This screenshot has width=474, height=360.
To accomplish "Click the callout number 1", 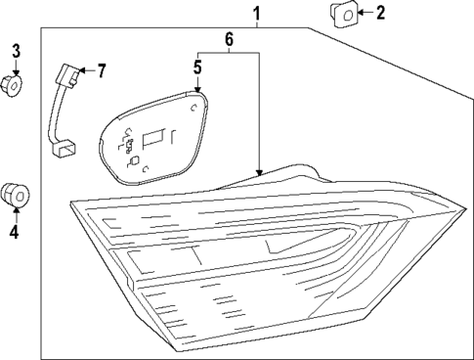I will pyautogui.click(x=256, y=14).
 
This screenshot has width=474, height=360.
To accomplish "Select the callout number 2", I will pyautogui.click(x=380, y=13).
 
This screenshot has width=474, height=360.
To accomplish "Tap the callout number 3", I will pyautogui.click(x=16, y=50).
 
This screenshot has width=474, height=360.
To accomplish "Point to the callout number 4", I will pyautogui.click(x=14, y=232).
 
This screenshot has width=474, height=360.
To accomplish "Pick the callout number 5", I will pyautogui.click(x=196, y=68).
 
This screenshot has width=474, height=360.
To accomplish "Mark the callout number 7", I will pyautogui.click(x=100, y=69).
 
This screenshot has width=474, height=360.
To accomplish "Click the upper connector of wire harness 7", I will pyautogui.click(x=68, y=73).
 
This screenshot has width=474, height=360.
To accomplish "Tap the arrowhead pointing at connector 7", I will pyautogui.click(x=84, y=69).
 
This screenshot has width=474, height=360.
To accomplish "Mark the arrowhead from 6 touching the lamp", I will pyautogui.click(x=259, y=171).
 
